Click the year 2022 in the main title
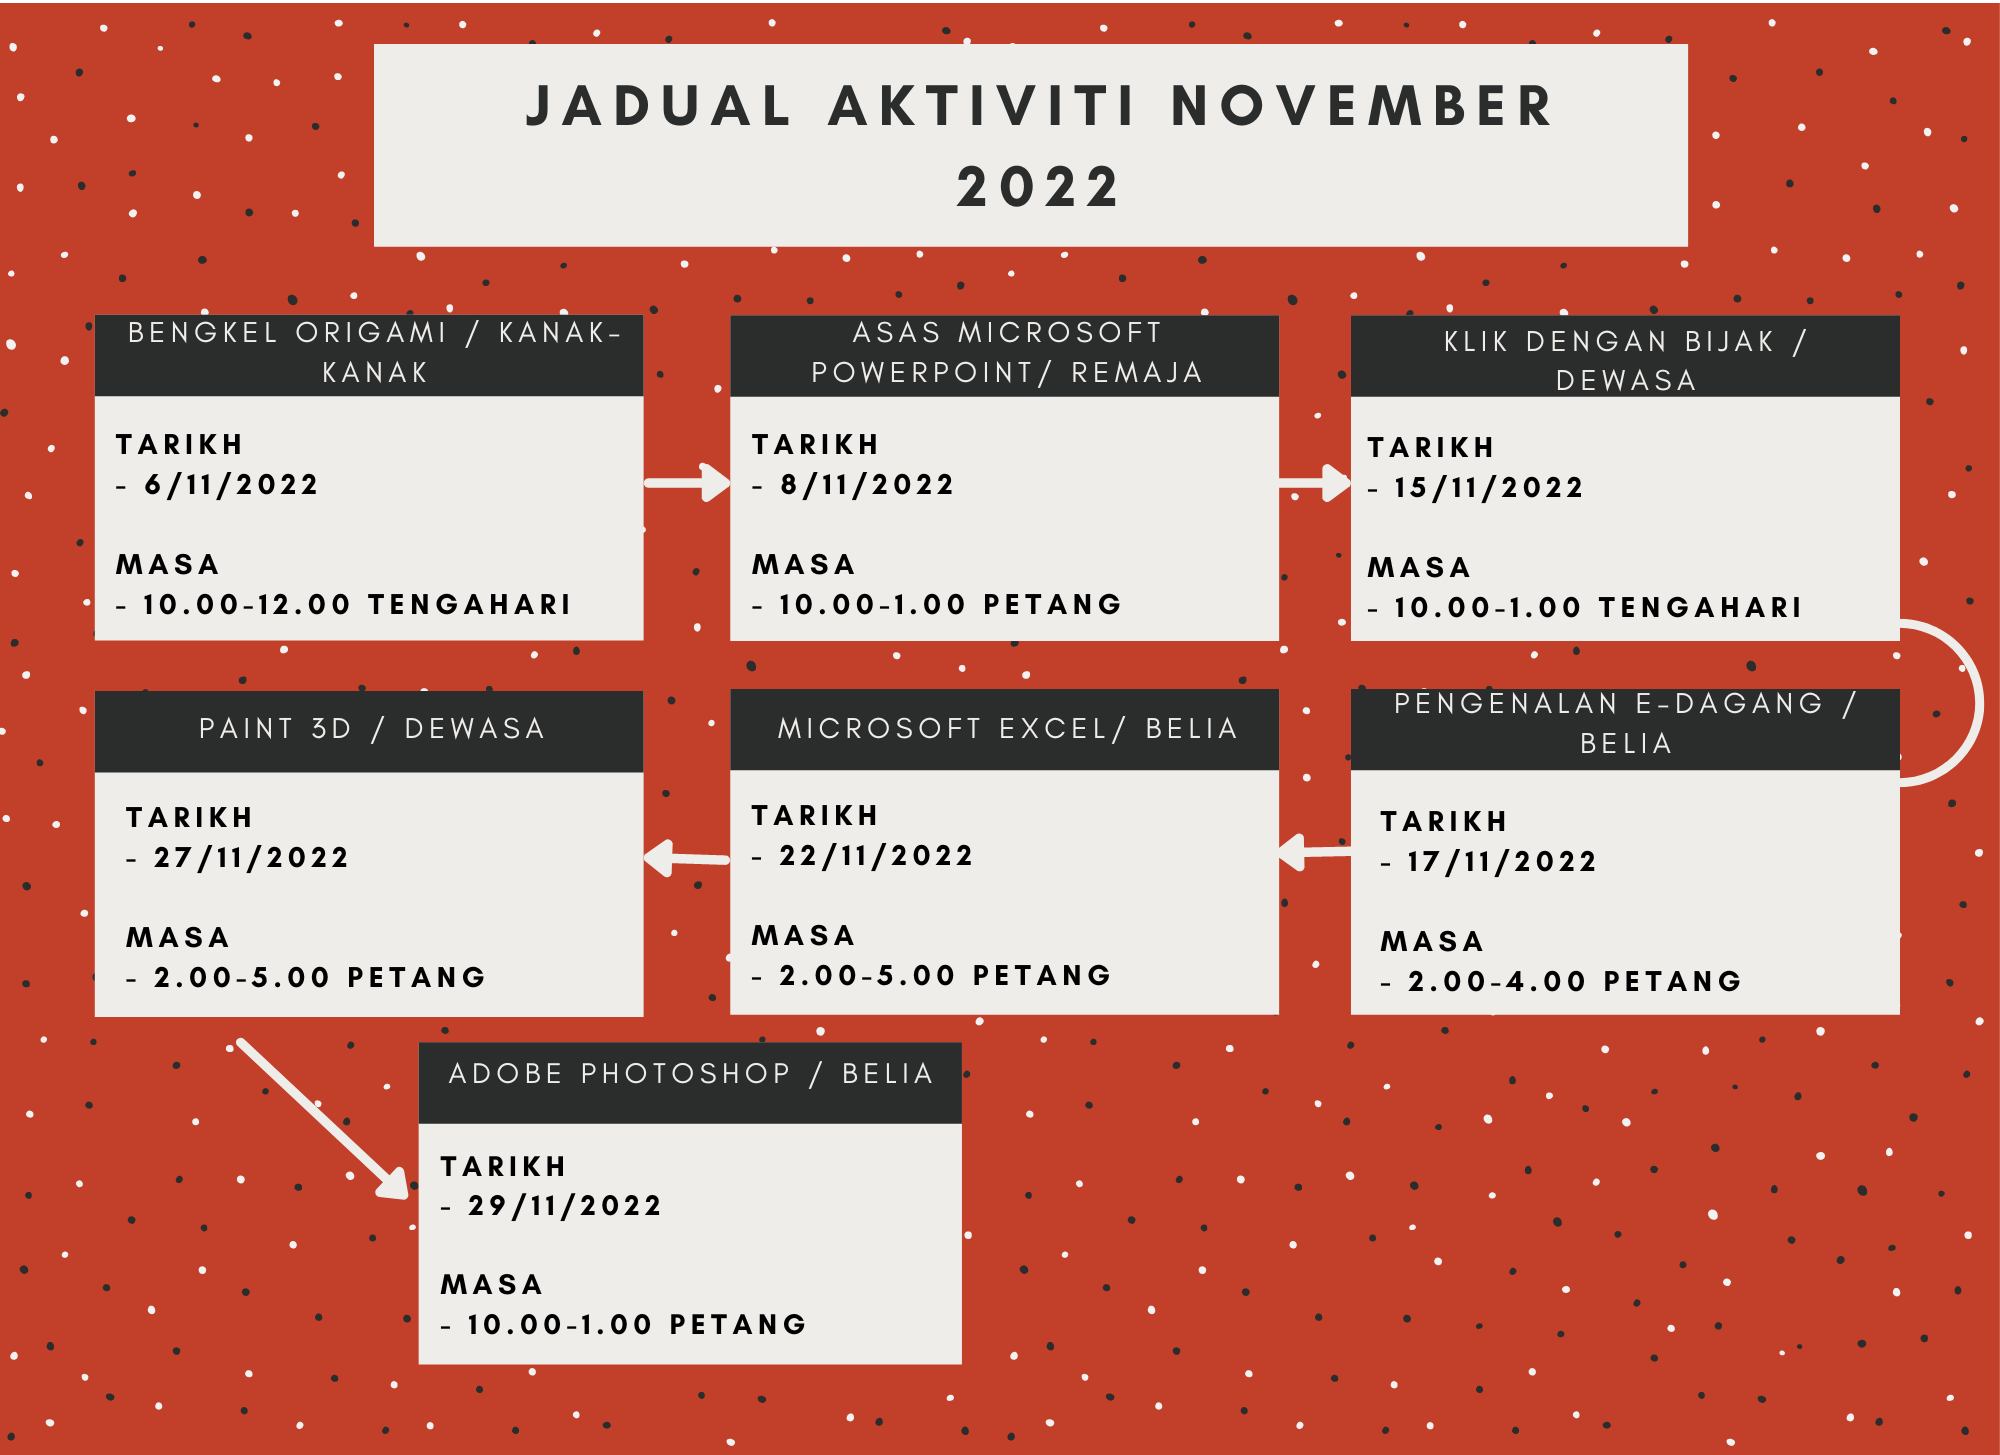(x=1038, y=187)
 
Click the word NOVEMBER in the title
(x=1362, y=106)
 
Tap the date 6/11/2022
(x=231, y=485)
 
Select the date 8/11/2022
(x=867, y=485)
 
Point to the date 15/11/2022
(x=1489, y=488)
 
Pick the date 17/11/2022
(x=1502, y=862)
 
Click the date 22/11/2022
(x=876, y=856)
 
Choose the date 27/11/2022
(x=251, y=858)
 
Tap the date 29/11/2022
(x=565, y=1206)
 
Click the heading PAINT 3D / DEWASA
(x=372, y=728)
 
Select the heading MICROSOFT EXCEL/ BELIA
(x=1008, y=728)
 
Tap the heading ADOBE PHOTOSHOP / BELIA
(x=691, y=1073)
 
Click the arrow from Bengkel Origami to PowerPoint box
(x=688, y=483)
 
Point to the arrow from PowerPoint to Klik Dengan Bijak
(x=1315, y=483)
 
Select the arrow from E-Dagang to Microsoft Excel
(x=1315, y=852)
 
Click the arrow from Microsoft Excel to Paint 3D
(x=687, y=858)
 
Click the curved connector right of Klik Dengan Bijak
(x=1979, y=703)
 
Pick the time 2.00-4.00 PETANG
(x=1575, y=982)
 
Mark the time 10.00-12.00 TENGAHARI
(x=357, y=605)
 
